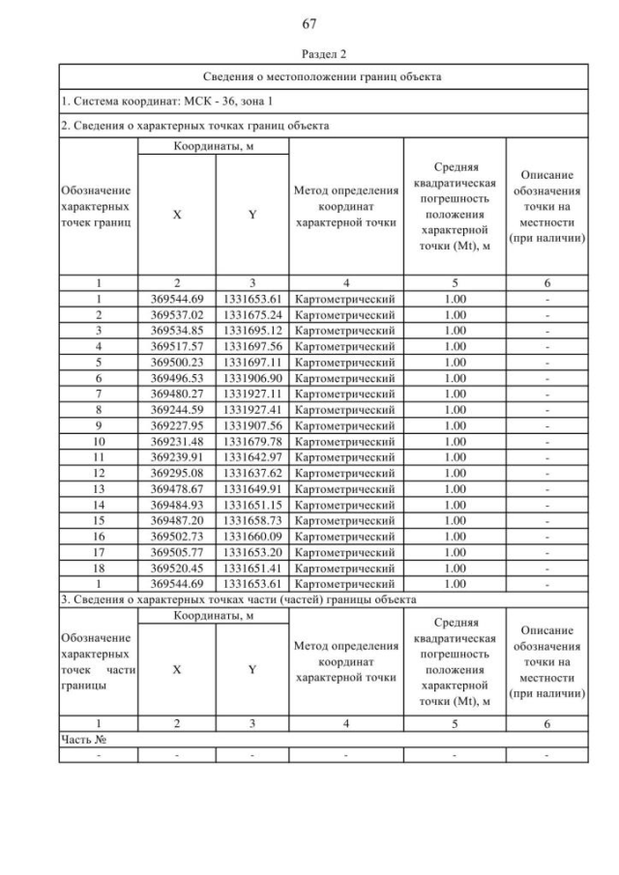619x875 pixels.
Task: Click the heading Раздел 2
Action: pyautogui.click(x=309, y=55)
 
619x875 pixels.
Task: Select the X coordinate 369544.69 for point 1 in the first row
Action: pyautogui.click(x=177, y=300)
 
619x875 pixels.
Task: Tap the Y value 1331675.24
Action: pyautogui.click(x=251, y=314)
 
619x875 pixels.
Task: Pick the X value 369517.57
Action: pyautogui.click(x=177, y=345)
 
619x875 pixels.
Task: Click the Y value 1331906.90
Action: pyautogui.click(x=251, y=375)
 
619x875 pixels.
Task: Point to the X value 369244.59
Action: pyautogui.click(x=177, y=405)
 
